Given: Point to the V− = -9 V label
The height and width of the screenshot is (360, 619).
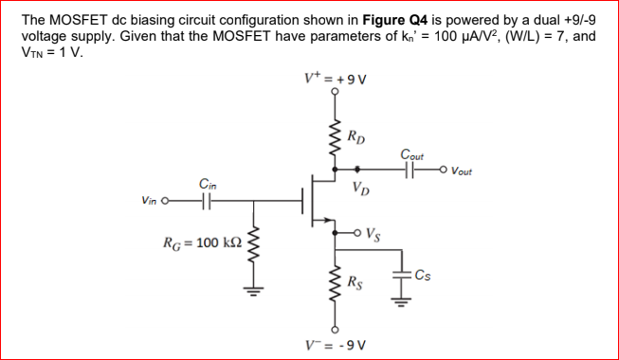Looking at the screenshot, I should (335, 343).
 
